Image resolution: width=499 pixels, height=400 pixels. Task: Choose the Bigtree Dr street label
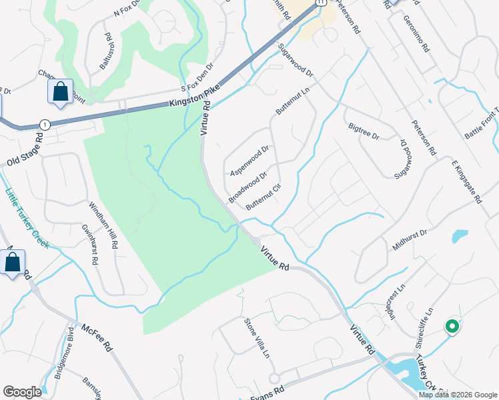pyautogui.click(x=364, y=131)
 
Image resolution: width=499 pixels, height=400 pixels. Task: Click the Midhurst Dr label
pyautogui.click(x=410, y=238)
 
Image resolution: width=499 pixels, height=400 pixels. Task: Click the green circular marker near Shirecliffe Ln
pyautogui.click(x=452, y=327)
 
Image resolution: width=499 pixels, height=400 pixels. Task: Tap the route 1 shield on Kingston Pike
pyautogui.click(x=45, y=125)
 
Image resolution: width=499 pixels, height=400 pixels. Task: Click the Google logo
pyautogui.click(x=22, y=392)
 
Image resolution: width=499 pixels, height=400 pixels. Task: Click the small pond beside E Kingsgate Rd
pyautogui.click(x=460, y=235)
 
